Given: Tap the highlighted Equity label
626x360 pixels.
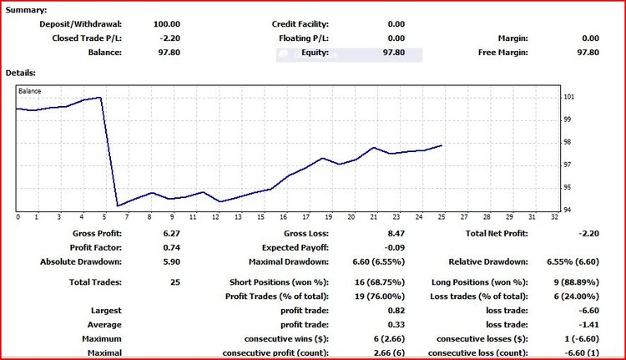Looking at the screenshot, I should (x=316, y=53).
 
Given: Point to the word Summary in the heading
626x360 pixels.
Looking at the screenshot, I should (x=26, y=10).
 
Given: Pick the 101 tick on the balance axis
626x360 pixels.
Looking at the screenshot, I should (x=568, y=97).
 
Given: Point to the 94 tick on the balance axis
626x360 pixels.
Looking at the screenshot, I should (x=568, y=210).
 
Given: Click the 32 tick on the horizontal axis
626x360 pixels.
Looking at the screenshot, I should (x=554, y=217).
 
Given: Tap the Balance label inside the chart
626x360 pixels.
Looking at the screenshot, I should (x=30, y=90).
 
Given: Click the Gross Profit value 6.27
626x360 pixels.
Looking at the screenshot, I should (x=171, y=234).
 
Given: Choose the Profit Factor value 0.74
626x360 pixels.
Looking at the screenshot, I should (x=171, y=247).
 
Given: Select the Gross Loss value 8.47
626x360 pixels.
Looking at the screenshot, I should (x=394, y=234).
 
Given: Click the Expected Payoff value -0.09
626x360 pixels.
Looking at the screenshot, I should (x=393, y=247).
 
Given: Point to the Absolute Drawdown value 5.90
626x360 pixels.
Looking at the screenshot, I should (x=171, y=261).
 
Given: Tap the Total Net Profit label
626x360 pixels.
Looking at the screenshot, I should (x=497, y=234).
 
